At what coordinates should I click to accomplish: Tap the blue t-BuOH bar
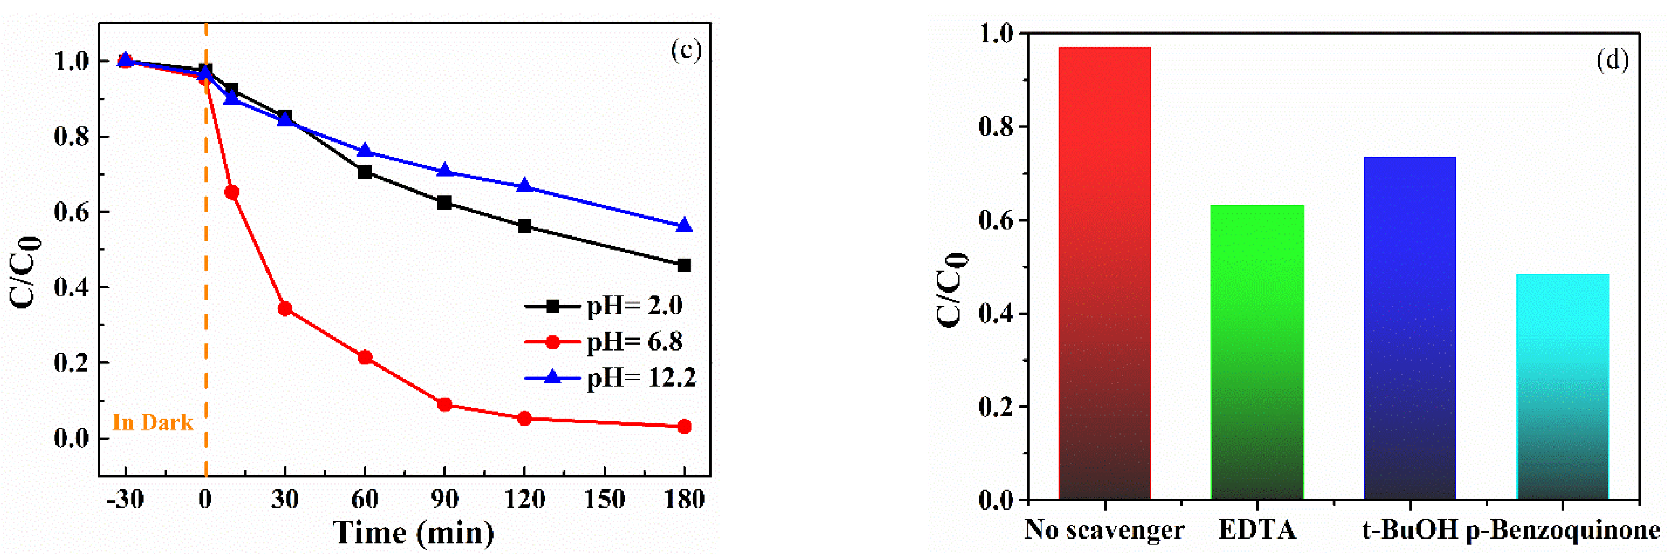1410,327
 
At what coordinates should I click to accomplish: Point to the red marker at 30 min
285,309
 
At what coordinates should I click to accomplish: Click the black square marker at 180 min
684,265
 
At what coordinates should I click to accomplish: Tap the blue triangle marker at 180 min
684,225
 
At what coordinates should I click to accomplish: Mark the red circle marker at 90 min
444,405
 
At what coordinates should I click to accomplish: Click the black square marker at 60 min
365,172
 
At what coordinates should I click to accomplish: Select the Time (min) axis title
413,533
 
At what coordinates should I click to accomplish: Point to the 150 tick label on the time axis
604,499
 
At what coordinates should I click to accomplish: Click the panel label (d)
1612,60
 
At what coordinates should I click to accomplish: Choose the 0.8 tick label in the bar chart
995,127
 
